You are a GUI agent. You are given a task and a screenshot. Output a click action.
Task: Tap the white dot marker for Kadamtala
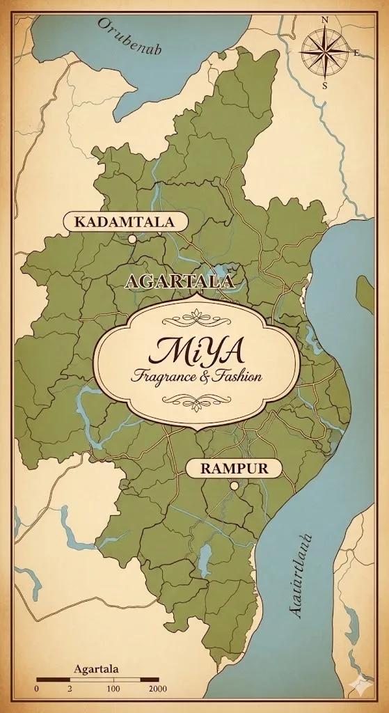pyautogui.click(x=132, y=239)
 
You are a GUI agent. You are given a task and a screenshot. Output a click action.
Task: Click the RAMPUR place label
pyautogui.click(x=233, y=468)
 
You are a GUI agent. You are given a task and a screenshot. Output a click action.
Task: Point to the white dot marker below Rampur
pyautogui.click(x=235, y=485)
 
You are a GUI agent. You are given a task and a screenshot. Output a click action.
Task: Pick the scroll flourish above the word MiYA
pyautogui.click(x=198, y=319)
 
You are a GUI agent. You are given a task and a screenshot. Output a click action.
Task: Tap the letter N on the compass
pyautogui.click(x=324, y=20)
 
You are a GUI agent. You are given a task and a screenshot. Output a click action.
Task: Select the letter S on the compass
pyautogui.click(x=324, y=86)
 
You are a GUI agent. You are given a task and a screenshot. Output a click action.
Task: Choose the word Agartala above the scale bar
pyautogui.click(x=96, y=669)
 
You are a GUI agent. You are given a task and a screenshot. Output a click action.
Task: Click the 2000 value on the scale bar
pyautogui.click(x=157, y=689)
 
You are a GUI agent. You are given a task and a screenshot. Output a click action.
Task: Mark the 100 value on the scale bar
pyautogui.click(x=113, y=689)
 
